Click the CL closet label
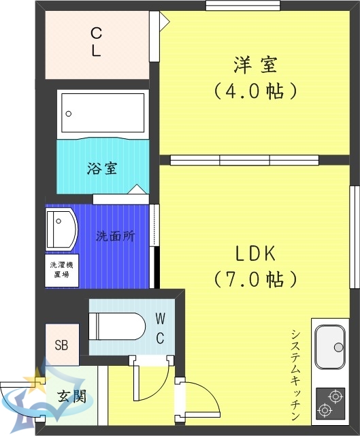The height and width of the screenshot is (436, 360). coord(97,42)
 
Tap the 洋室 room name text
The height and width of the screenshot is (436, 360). coord(257,66)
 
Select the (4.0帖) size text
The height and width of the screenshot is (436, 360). coord(257,89)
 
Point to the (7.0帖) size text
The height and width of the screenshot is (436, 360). coord(255,278)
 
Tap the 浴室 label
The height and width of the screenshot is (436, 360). coord(102,168)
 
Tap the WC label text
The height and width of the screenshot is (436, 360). coord(160,328)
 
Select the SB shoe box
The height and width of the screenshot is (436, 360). coord(62,343)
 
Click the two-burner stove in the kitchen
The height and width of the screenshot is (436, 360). coord(331,402)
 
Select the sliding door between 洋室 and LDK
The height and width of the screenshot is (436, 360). coord(244,160)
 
